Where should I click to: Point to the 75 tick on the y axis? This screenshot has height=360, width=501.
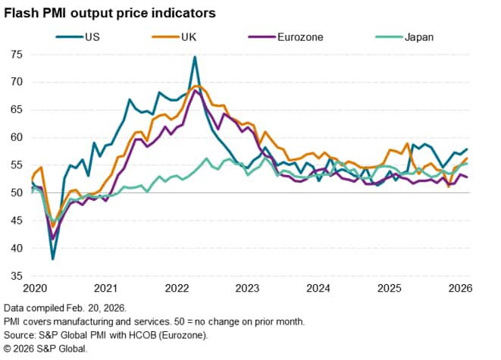[16, 54]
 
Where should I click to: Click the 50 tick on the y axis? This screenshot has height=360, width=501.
[16, 193]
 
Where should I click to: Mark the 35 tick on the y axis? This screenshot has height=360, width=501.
[16, 276]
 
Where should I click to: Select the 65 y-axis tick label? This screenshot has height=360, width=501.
[16, 109]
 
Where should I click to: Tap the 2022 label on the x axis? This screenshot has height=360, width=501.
[177, 288]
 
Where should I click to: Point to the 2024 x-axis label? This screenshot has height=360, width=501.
[318, 288]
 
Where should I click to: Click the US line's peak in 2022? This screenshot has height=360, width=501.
[195, 57]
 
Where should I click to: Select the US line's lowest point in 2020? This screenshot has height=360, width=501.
[53, 259]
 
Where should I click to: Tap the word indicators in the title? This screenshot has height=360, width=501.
[181, 13]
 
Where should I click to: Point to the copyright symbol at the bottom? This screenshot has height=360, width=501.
[8, 349]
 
